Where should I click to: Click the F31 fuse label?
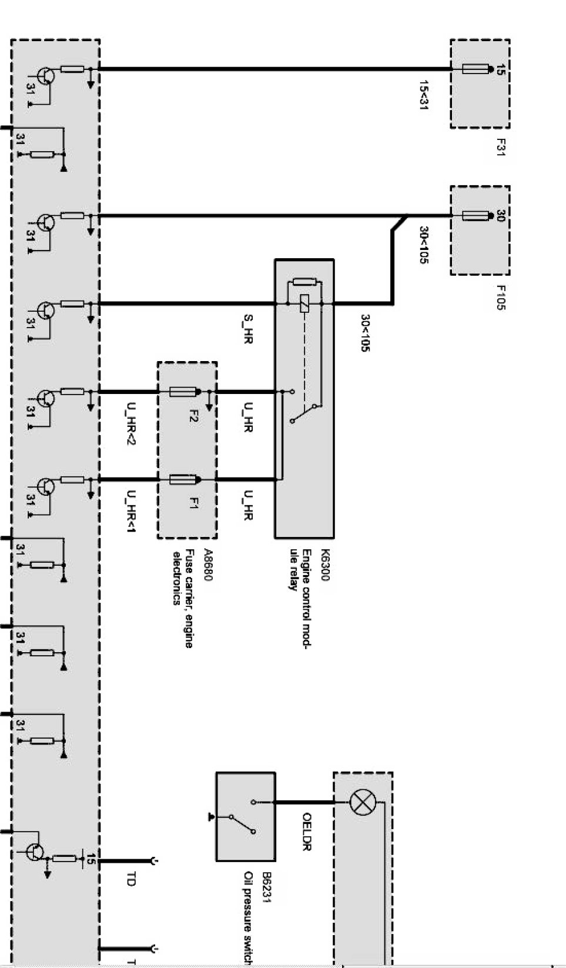pyautogui.click(x=501, y=147)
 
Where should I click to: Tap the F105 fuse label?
pyautogui.click(x=501, y=298)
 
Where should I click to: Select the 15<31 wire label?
pyautogui.click(x=423, y=95)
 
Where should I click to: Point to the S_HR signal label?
pyautogui.click(x=248, y=329)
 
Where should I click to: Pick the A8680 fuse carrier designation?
pyautogui.click(x=206, y=565)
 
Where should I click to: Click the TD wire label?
pyautogui.click(x=130, y=879)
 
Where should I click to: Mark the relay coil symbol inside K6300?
pyautogui.click(x=304, y=303)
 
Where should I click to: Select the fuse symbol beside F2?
pyautogui.click(x=182, y=392)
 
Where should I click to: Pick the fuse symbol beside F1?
pyautogui.click(x=182, y=480)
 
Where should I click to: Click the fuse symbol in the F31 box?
pyautogui.click(x=475, y=69)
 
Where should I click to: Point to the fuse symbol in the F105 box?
pyautogui.click(x=475, y=216)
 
